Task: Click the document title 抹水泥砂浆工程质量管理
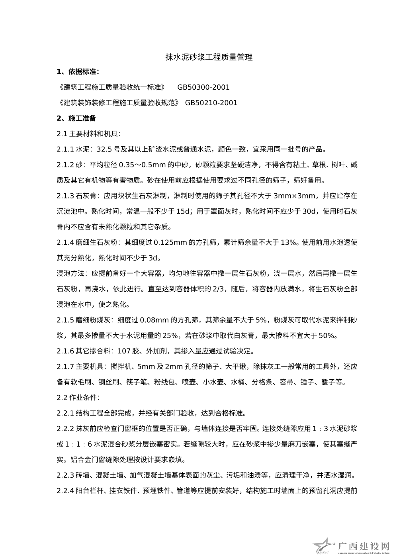209,57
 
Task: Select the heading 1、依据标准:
78,72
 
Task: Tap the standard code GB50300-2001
203,87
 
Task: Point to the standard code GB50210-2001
211,103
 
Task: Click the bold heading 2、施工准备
76,118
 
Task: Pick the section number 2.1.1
65,150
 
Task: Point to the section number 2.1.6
65,351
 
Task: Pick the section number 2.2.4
65,490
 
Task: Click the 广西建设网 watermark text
363,546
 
